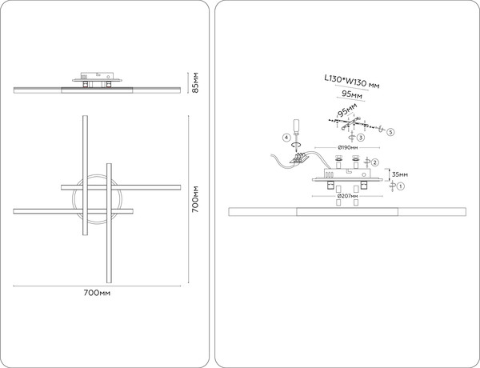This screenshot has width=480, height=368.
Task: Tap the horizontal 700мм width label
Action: tap(97, 293)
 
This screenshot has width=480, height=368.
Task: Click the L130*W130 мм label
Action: tap(352, 82)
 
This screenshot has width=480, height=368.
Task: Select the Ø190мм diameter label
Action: tap(348, 147)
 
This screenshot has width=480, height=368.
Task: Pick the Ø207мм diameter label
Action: tap(347, 196)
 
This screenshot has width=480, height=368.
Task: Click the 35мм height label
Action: tap(400, 174)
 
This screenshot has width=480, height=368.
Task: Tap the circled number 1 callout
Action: tap(401, 186)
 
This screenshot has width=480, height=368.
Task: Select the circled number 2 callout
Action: tap(375, 162)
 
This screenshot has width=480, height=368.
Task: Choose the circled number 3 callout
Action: tap(361, 138)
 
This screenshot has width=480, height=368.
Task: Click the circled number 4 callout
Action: tap(286, 138)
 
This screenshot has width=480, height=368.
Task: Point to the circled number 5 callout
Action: tap(390, 132)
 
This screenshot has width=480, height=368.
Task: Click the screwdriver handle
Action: tap(296, 126)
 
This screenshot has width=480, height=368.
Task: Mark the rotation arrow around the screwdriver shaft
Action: tap(296, 145)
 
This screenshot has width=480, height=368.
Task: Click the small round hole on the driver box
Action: tap(363, 174)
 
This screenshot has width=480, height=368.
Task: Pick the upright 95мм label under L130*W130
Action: tap(352, 94)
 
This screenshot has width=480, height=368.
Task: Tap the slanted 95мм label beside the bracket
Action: tap(347, 110)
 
